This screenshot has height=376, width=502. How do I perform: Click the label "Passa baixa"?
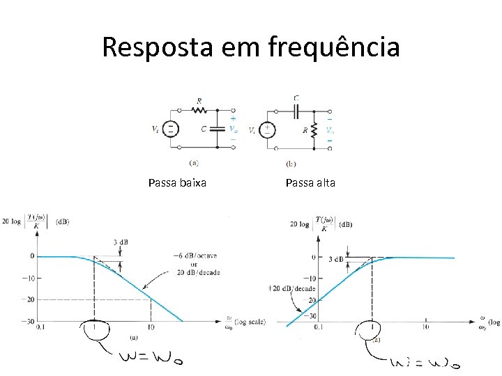177,183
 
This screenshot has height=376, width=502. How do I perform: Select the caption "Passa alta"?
310,183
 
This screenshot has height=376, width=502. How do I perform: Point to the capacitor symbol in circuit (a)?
216,129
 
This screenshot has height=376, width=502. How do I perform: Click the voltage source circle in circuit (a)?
172,129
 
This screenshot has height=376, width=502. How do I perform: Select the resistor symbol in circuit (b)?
314,130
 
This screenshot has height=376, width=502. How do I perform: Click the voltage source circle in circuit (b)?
267,130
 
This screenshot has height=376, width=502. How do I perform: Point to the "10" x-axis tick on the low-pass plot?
151,327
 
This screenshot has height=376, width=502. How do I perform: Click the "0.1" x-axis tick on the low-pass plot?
41,327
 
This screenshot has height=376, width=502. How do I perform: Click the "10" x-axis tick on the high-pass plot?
425,327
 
